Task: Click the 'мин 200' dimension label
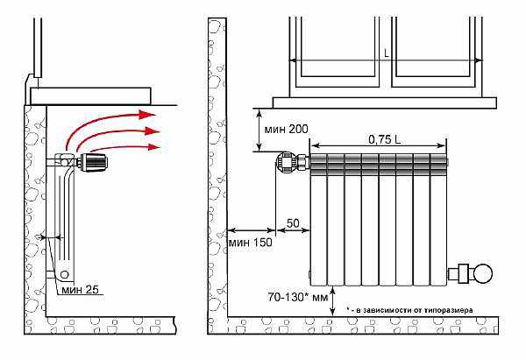point(286,129)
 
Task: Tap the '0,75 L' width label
point(385,139)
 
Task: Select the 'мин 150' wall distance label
point(250,243)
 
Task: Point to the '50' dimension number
point(293,223)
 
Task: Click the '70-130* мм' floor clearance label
point(297,297)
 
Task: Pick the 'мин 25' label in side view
point(80,289)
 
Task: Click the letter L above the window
point(387,53)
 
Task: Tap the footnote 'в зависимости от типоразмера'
point(414,310)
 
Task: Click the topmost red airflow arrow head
point(147,115)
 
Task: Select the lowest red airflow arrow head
point(153,147)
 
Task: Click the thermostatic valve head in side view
point(95,163)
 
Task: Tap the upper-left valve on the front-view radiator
point(286,162)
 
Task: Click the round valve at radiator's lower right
point(482,273)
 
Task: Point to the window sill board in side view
point(90,96)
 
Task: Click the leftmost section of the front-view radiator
point(318,220)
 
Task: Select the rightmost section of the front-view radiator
point(438,220)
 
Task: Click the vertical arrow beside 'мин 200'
point(259,130)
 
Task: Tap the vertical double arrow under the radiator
point(332,301)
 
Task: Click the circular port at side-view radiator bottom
point(64,275)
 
